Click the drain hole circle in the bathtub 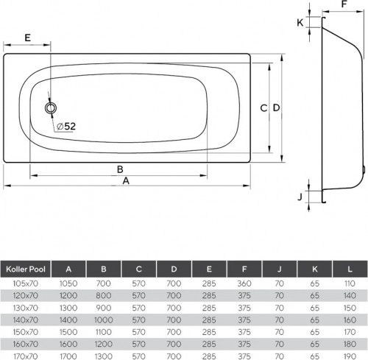point(51,108)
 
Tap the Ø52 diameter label point(66,126)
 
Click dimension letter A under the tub point(126,180)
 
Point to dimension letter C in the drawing point(263,107)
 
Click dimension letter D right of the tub point(276,107)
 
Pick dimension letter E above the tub point(26,37)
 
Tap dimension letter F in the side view point(344,4)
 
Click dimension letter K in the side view point(300,22)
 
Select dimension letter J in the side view point(300,197)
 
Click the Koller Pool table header point(26,269)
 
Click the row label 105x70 point(26,283)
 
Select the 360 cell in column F point(244,283)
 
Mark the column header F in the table point(244,269)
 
